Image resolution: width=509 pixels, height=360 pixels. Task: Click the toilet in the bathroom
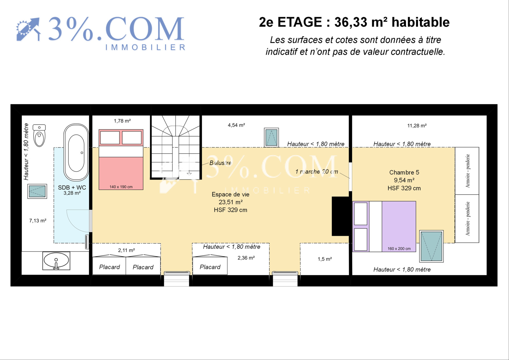[x=39, y=135]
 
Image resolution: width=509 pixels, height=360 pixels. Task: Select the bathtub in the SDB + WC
[x=76, y=152]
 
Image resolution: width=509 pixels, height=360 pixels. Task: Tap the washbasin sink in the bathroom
[x=56, y=261]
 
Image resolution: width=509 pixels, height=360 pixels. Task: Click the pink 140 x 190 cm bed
[x=121, y=159]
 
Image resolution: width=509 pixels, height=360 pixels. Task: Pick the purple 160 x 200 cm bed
[x=384, y=227]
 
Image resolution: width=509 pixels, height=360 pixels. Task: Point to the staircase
[x=176, y=147]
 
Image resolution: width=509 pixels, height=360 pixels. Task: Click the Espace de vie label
[x=230, y=194]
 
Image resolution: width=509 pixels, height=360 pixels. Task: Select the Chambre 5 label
[x=404, y=173]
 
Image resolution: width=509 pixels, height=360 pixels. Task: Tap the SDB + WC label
[x=72, y=187]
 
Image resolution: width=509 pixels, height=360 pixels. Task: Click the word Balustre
[x=220, y=163]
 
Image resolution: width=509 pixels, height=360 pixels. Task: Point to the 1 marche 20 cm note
[x=317, y=172]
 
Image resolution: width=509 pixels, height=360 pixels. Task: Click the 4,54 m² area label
[x=236, y=125]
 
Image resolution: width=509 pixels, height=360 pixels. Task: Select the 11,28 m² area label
[x=417, y=125]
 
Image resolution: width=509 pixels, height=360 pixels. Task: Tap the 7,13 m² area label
[x=38, y=221]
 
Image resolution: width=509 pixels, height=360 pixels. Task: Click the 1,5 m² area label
[x=325, y=259]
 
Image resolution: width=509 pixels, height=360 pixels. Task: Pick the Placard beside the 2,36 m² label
[x=210, y=265]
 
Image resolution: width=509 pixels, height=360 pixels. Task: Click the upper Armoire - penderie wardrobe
[x=467, y=171]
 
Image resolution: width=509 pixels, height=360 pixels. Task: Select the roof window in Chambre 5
[x=431, y=246]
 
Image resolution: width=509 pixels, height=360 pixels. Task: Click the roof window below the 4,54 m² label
[x=271, y=138]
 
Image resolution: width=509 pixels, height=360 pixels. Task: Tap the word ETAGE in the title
[x=300, y=22]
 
